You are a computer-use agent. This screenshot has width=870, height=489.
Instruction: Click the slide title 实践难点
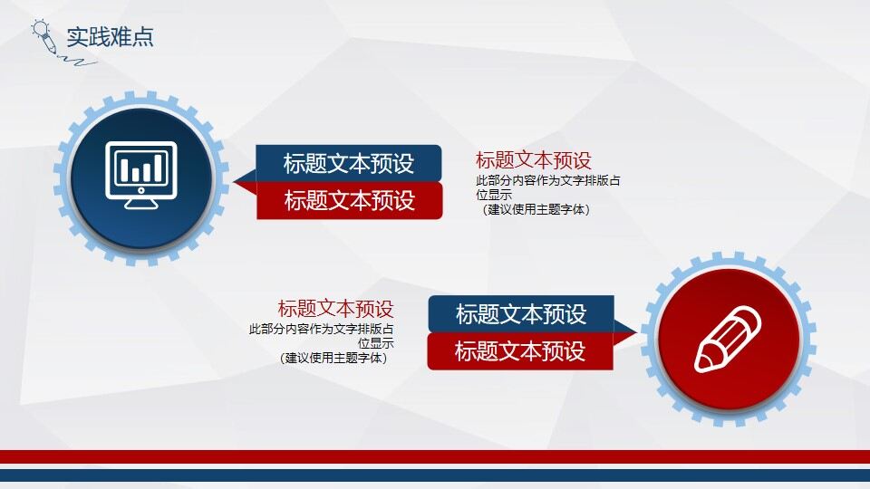click(x=110, y=37)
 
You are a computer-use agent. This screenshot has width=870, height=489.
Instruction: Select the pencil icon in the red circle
click(x=728, y=338)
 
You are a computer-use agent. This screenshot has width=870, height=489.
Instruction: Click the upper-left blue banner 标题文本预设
click(x=349, y=163)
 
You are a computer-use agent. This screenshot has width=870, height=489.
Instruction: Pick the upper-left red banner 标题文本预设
click(x=349, y=200)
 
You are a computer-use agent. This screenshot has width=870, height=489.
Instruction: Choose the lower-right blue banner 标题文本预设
click(x=521, y=313)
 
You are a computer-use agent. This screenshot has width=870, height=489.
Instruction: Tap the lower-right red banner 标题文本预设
click(x=520, y=350)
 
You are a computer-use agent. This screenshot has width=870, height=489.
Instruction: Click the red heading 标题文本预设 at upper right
click(x=534, y=160)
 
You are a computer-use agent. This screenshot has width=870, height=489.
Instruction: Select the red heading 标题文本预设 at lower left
click(x=335, y=309)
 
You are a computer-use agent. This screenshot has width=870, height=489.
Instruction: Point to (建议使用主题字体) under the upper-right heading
click(x=536, y=210)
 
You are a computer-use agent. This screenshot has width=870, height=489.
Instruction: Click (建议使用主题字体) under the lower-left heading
click(x=333, y=358)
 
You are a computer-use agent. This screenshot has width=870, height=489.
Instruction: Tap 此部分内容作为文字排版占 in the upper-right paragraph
click(x=548, y=180)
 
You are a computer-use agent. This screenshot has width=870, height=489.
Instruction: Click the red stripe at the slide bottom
click(x=435, y=456)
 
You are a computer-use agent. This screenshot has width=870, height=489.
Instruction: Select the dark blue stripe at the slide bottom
click(x=435, y=475)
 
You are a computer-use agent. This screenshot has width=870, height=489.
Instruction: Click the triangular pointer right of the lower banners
click(x=625, y=327)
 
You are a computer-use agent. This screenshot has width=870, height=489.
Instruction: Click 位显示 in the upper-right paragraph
click(x=495, y=195)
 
